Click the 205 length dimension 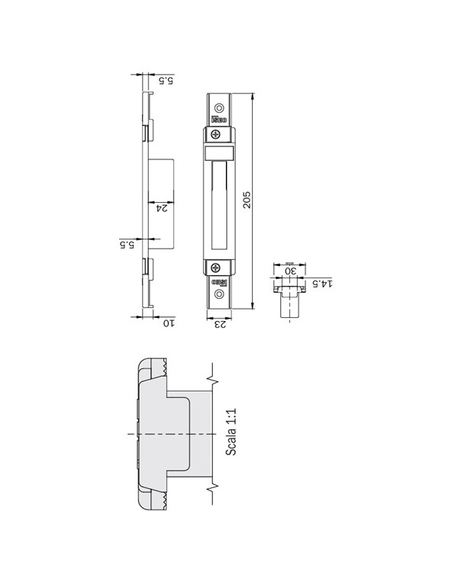(247, 199)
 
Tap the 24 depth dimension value (162, 208)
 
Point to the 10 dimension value (169, 323)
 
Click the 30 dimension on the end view (290, 271)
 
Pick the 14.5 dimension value (322, 283)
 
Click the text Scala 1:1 (231, 432)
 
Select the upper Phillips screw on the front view (216, 135)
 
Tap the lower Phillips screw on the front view (216, 268)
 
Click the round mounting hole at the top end (219, 108)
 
